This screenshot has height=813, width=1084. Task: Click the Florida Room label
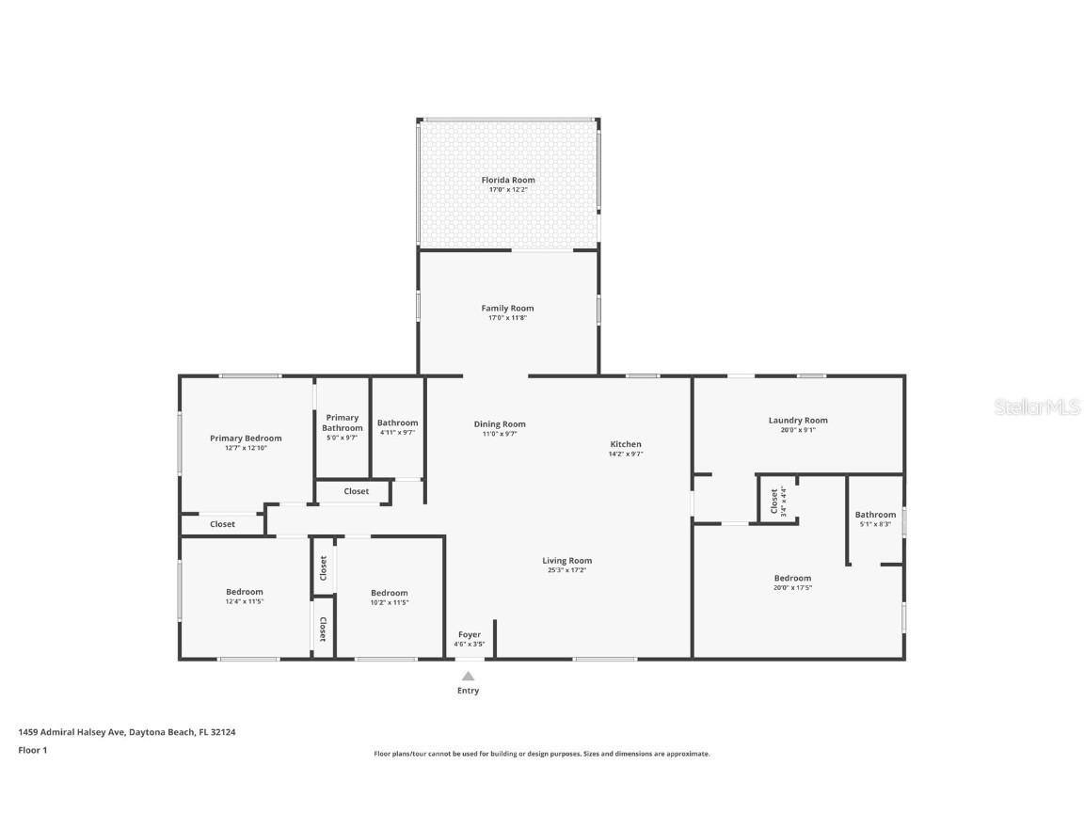[x=508, y=180]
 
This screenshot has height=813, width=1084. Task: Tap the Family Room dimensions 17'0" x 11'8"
[x=507, y=318]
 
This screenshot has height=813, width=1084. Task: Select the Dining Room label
[x=500, y=424]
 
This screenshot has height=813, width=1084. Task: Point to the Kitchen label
[x=626, y=444]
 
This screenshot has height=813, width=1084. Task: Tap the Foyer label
[x=469, y=634]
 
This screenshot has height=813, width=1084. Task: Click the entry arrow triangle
[x=468, y=676]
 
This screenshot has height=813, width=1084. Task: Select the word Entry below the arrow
[x=468, y=691]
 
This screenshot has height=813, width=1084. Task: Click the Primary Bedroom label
[x=246, y=438]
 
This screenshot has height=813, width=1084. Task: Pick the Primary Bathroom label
[x=342, y=422]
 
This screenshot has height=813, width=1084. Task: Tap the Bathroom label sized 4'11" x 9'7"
[x=397, y=423]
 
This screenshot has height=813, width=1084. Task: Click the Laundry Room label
[x=798, y=421]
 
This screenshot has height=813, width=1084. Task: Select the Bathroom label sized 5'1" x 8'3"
[x=875, y=515]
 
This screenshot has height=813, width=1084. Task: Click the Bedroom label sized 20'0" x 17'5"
[x=792, y=579]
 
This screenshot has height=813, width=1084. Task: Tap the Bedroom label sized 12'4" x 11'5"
[x=245, y=592]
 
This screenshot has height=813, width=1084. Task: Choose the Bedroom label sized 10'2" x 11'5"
[x=390, y=593]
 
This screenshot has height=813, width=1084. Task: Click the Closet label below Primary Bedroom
[x=223, y=524]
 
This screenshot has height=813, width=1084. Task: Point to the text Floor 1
[x=32, y=750]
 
